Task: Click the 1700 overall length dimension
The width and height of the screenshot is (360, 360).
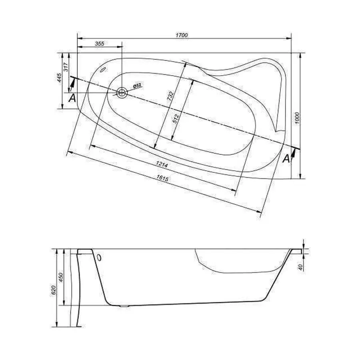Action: click(182, 35)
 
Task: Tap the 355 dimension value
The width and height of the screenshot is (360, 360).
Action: click(100, 44)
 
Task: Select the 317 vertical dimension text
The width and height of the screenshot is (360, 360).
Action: click(66, 67)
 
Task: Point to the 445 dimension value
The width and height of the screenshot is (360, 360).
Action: click(59, 78)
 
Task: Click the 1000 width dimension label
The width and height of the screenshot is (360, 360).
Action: click(297, 118)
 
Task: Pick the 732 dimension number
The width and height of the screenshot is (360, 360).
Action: click(170, 96)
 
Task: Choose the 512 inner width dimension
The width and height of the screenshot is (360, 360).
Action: click(176, 118)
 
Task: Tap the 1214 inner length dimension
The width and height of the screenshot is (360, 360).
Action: click(162, 164)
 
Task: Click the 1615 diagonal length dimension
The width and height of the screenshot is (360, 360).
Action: click(162, 178)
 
